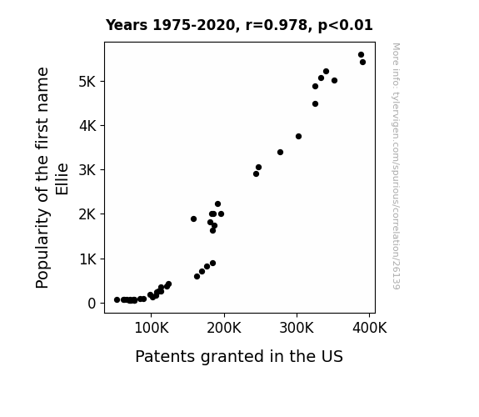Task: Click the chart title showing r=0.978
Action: coord(239,25)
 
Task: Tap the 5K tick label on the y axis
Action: coord(87,82)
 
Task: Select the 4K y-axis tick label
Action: coord(87,126)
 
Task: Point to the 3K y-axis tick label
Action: coord(87,170)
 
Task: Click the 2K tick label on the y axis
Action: coord(87,214)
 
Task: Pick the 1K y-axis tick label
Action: coord(87,259)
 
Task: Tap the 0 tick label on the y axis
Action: coord(92,304)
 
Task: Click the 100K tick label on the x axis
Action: coord(152,328)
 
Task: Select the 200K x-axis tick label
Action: coord(224,328)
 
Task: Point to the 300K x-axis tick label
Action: coord(297,328)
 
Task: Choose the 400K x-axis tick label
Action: coord(370,328)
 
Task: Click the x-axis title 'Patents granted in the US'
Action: coord(239,356)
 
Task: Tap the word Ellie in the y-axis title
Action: coord(62,179)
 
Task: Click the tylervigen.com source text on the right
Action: coord(396,166)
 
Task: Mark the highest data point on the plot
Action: coord(361,55)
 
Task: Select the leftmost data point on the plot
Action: coord(117,300)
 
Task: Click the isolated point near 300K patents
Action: coord(299,137)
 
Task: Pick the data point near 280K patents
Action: coord(281,153)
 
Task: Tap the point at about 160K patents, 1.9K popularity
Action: coord(193,219)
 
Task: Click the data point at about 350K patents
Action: coord(335,81)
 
